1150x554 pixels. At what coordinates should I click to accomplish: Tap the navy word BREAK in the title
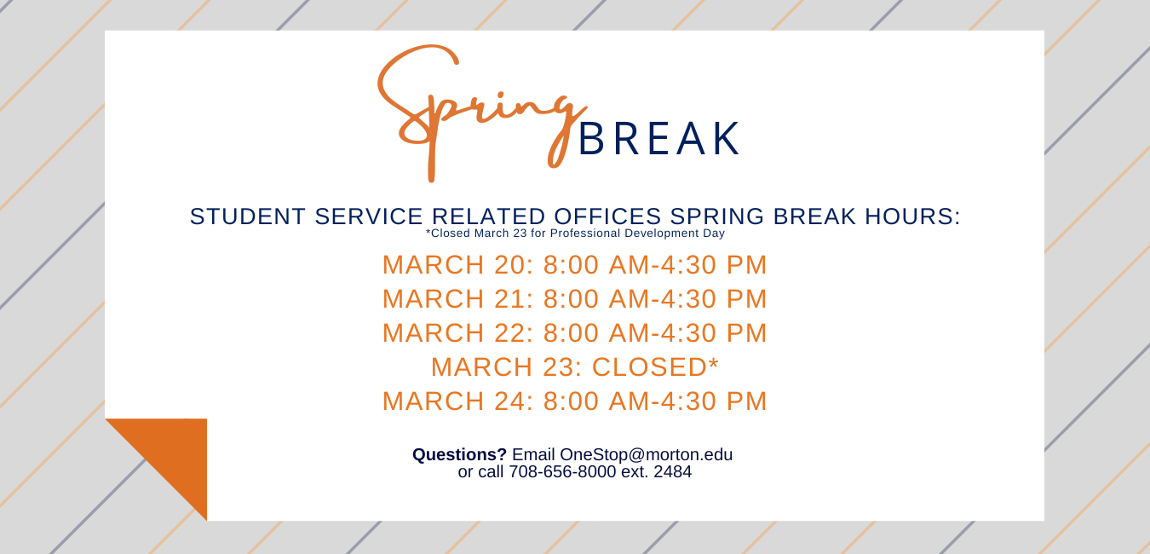click(x=659, y=139)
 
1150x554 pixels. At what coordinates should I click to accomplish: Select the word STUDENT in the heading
click(x=248, y=216)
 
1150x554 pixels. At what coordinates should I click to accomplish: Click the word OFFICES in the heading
click(x=607, y=216)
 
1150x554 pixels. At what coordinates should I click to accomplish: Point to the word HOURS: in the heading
click(x=912, y=216)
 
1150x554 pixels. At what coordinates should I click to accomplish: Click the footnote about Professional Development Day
click(x=575, y=234)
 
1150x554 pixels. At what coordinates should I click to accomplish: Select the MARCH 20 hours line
click(x=574, y=265)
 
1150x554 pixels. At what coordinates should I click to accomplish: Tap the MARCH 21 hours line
click(x=574, y=299)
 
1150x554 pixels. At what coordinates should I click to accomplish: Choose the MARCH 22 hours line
click(x=574, y=332)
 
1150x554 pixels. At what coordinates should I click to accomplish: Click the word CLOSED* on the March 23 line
click(x=655, y=366)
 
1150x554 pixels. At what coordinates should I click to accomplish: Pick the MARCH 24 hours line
click(x=574, y=401)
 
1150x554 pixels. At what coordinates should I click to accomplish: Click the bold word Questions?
click(x=459, y=455)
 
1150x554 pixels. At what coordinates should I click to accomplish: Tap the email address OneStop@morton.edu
click(x=646, y=455)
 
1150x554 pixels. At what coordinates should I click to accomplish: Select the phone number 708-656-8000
click(x=562, y=472)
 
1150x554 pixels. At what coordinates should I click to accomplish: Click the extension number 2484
click(x=673, y=472)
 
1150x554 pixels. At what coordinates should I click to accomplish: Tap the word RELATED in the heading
click(x=488, y=216)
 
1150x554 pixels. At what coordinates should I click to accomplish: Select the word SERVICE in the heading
click(x=369, y=216)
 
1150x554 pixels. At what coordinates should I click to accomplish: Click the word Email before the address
click(x=533, y=455)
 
